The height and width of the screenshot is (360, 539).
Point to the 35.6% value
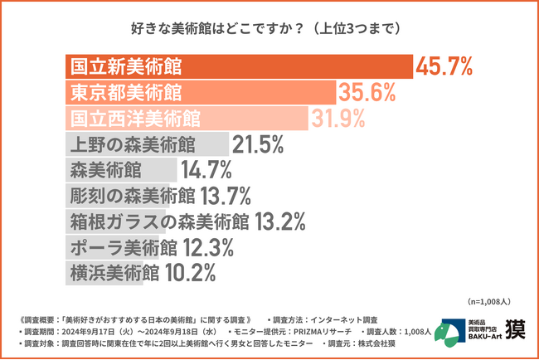(x=366, y=92)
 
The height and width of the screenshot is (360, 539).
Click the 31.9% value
(x=338, y=119)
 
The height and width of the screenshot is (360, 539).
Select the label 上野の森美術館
(x=134, y=144)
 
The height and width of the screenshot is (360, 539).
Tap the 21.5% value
(x=259, y=144)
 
